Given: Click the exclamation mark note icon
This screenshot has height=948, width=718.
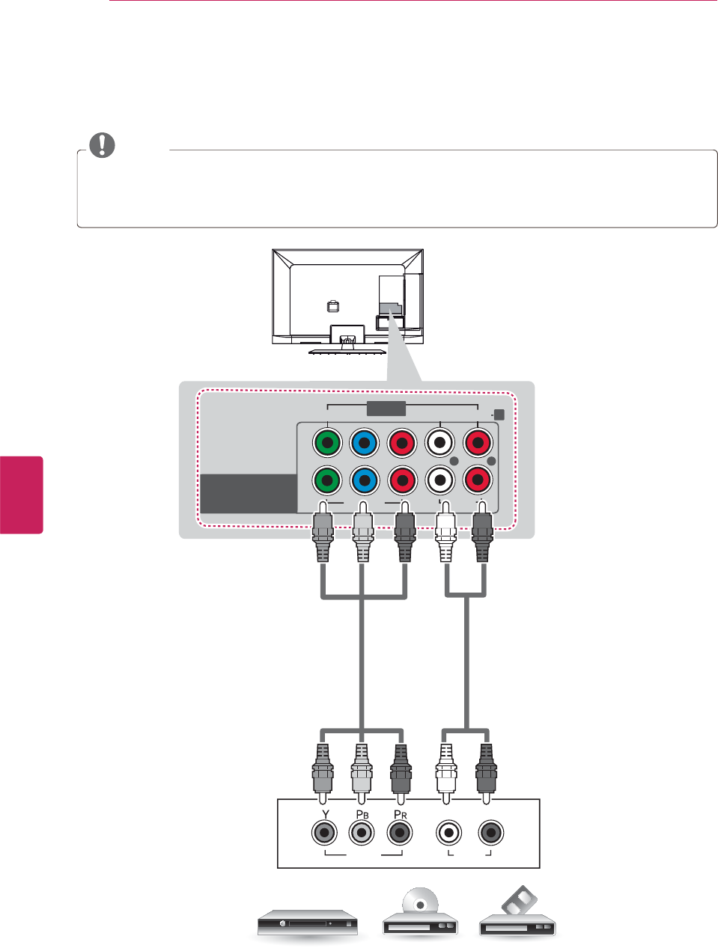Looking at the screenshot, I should [x=102, y=144].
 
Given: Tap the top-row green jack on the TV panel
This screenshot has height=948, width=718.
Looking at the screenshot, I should [x=326, y=443].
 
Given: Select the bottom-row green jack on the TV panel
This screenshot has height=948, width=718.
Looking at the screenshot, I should [x=326, y=480].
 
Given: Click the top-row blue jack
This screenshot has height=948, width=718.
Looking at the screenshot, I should [x=364, y=443].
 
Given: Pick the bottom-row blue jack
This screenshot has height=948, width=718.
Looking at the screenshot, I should [x=364, y=480].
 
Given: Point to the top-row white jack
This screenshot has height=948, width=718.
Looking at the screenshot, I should [x=440, y=443].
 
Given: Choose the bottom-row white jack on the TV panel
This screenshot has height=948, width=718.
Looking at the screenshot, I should [x=440, y=480].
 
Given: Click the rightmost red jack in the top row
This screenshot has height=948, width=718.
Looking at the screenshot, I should [x=478, y=443].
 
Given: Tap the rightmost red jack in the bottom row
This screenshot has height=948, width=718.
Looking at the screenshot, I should [x=478, y=480].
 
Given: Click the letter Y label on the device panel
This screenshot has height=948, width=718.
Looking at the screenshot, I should [x=325, y=814].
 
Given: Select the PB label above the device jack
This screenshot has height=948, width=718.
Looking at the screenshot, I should [x=362, y=814].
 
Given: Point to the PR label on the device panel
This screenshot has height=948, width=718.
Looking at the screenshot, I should [x=401, y=814].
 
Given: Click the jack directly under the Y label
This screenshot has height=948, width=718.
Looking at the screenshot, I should [x=324, y=832].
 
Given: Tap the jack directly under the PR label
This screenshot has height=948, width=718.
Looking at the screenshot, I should [x=400, y=832].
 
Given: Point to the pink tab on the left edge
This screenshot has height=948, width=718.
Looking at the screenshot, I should [x=21, y=494].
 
